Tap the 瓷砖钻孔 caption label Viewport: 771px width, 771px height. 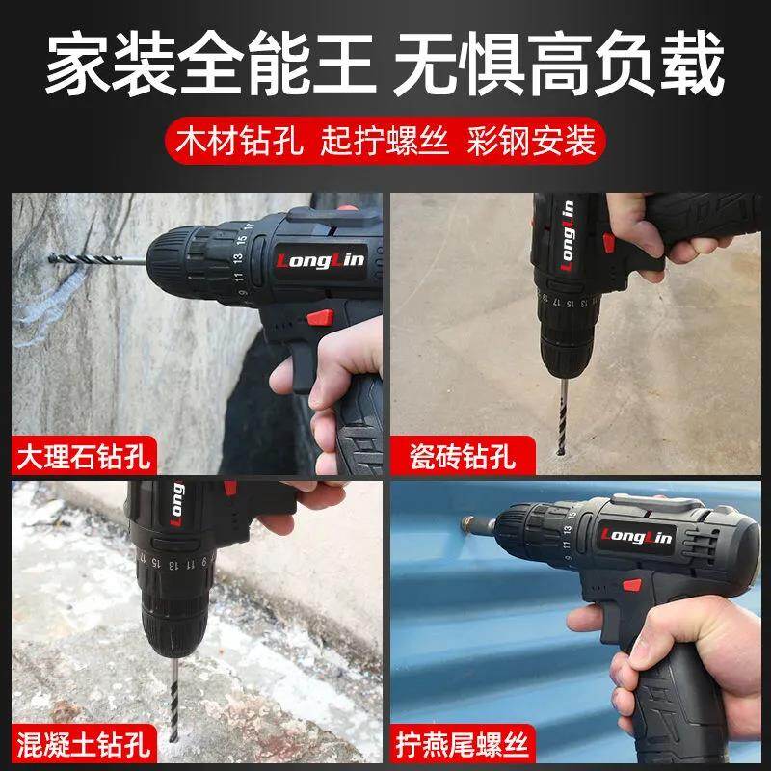[x=453, y=453]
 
